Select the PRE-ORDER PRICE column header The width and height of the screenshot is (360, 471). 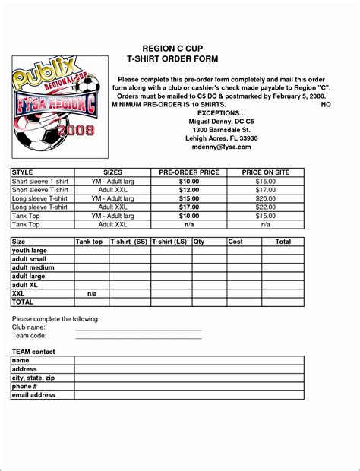[188, 173]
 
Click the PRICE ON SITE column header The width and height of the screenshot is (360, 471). [265, 173]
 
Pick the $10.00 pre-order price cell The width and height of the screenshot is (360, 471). [188, 182]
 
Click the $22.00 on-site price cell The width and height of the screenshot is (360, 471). [265, 207]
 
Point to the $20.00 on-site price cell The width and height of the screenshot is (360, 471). [265, 198]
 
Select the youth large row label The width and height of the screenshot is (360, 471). [30, 250]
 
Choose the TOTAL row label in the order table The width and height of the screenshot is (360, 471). [24, 302]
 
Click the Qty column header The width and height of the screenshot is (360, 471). [199, 242]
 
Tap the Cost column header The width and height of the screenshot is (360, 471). [235, 242]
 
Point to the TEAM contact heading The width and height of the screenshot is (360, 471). [33, 352]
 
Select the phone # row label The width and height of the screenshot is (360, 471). [27, 387]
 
